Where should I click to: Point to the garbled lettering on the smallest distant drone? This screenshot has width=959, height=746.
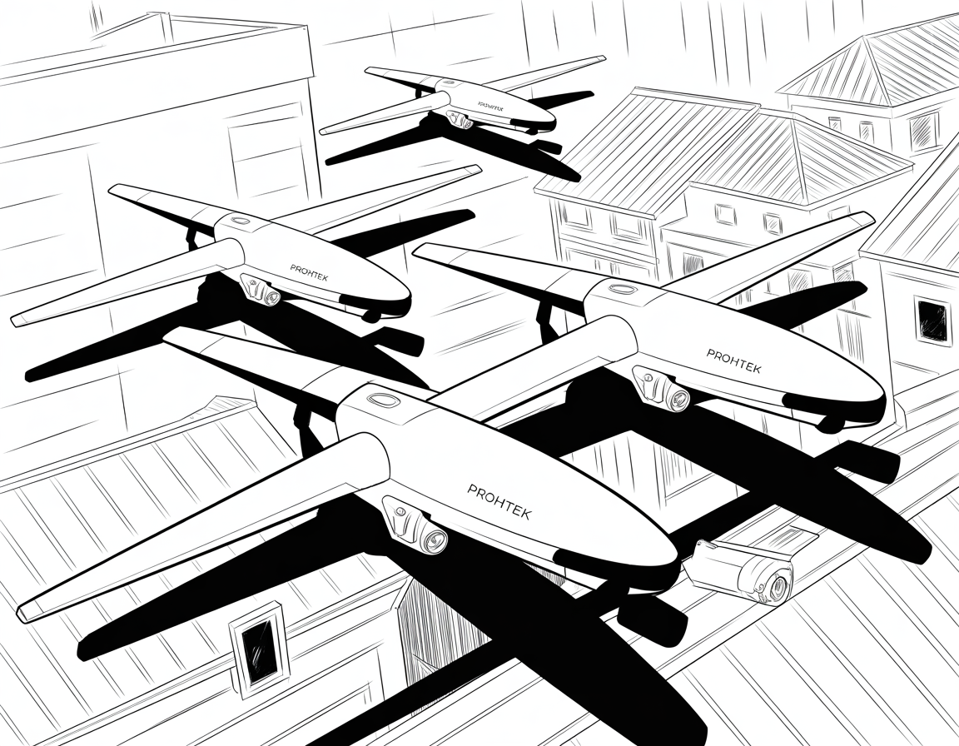497,107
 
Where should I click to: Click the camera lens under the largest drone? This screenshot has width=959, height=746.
434,541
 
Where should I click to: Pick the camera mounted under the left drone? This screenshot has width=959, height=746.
270,293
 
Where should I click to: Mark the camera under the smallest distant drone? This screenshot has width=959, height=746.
463,122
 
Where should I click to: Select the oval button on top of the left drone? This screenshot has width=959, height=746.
241,221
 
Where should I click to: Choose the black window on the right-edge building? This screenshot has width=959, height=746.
932,320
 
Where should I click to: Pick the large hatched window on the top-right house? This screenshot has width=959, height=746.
923,131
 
